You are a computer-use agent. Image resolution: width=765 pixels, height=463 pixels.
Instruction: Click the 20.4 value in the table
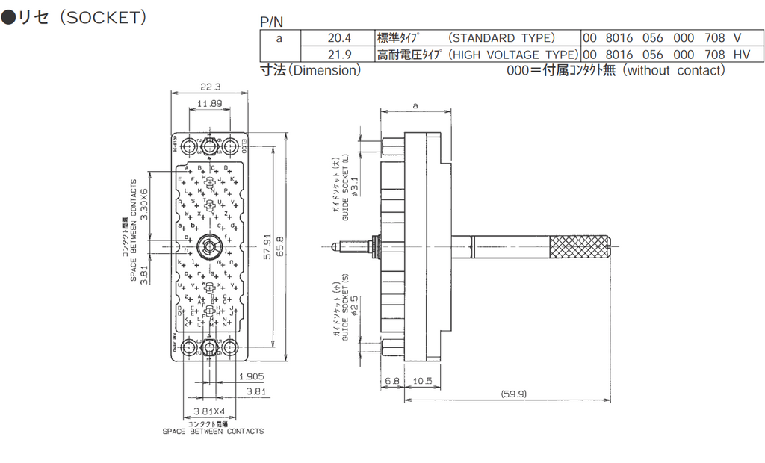click(338, 38)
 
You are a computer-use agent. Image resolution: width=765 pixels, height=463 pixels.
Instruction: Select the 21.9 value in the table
click(338, 55)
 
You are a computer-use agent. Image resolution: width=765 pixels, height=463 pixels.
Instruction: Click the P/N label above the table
click(272, 22)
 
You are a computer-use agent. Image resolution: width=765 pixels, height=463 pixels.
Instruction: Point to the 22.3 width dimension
click(211, 87)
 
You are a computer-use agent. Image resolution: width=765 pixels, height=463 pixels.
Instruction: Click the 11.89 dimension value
click(209, 103)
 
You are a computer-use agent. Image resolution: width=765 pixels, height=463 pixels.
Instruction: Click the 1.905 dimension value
click(252, 376)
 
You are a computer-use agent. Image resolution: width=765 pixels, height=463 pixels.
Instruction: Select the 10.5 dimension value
click(423, 381)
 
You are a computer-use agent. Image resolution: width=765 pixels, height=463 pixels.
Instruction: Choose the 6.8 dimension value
click(393, 381)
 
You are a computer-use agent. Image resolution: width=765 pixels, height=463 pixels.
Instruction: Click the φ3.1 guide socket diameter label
click(355, 184)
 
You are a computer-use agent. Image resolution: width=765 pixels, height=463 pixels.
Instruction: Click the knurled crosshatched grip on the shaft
click(580, 244)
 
